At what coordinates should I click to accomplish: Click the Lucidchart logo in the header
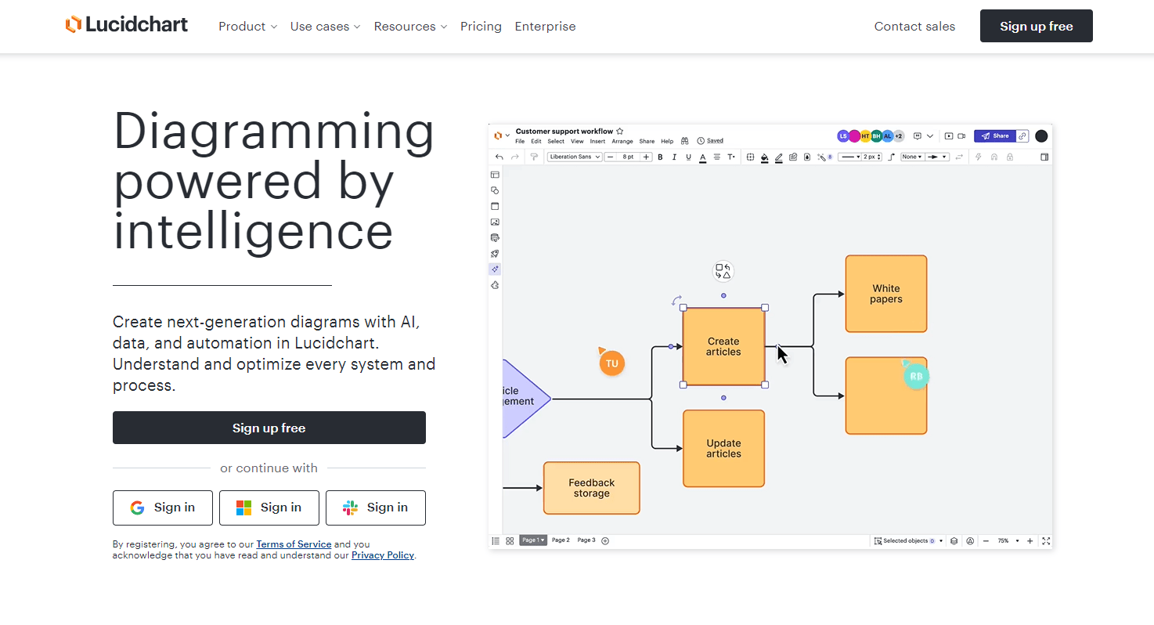127,25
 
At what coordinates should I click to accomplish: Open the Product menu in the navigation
247,27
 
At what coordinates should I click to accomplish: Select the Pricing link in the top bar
481,27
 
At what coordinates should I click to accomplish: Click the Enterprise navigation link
545,27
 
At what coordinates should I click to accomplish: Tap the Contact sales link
914,27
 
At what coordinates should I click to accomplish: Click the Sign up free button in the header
1036,27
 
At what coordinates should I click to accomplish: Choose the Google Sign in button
163,508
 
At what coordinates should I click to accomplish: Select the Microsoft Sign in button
269,508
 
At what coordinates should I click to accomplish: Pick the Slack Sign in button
375,508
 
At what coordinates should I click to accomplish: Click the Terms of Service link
294,544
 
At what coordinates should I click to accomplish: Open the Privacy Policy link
382,555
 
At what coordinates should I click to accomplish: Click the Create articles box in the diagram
723,346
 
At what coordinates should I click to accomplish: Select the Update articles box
723,448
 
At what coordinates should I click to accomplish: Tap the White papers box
885,294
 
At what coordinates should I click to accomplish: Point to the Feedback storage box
591,488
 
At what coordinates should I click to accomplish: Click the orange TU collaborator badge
611,363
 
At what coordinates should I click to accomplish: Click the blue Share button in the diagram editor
995,136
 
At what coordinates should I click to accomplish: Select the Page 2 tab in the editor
561,540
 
